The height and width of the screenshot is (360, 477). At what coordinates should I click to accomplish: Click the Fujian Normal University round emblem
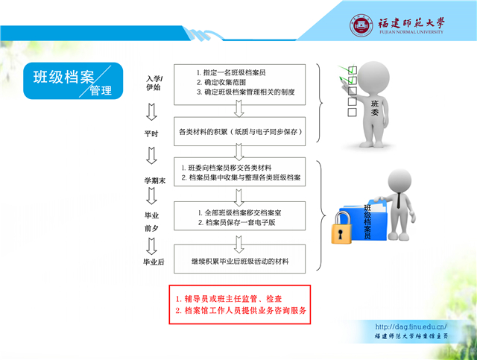[x=361, y=25]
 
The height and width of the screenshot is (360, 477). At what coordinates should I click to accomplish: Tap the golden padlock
[x=341, y=228]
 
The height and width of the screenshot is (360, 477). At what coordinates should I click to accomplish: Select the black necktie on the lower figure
[x=399, y=200]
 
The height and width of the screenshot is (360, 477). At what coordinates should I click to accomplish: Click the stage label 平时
[x=151, y=133]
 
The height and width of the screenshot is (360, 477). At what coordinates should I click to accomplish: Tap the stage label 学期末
[x=155, y=181]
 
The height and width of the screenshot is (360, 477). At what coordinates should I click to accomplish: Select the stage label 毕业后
[x=154, y=262]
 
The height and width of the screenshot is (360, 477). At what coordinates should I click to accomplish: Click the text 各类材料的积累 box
[x=240, y=131]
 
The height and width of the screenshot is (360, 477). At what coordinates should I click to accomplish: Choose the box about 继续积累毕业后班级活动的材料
[x=240, y=259]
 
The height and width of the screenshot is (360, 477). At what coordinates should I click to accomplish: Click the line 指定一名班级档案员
[x=231, y=72]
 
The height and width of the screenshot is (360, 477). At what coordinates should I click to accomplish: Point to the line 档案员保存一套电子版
[x=237, y=222]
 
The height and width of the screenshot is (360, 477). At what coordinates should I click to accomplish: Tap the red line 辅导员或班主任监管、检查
[x=229, y=299]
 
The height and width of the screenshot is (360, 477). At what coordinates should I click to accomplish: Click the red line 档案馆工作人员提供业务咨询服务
[x=241, y=311]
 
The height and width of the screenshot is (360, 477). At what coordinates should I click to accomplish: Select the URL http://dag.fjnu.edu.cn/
[x=411, y=326]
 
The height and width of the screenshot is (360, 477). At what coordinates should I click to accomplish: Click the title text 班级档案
[x=64, y=77]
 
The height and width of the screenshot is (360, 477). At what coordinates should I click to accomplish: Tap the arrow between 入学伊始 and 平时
[x=151, y=112]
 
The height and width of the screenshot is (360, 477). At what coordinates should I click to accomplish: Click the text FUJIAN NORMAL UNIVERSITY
[x=411, y=32]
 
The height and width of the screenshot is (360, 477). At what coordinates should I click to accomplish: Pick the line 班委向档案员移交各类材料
[x=227, y=168]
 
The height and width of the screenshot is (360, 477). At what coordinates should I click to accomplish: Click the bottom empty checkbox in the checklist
[x=352, y=112]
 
